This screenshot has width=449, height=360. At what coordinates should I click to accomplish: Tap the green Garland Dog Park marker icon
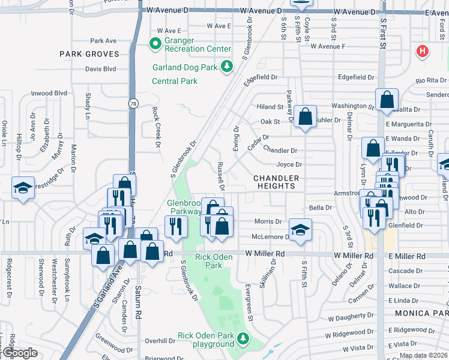coord(227,67)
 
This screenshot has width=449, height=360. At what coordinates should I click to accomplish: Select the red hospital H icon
coord(423,51)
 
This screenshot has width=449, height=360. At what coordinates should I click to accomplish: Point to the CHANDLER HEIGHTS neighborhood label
coord(276,182)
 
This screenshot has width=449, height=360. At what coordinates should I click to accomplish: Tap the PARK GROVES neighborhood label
coord(89,54)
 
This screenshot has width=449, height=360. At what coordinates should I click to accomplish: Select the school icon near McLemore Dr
coord(300,228)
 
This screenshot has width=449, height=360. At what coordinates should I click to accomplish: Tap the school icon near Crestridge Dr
coord(23,188)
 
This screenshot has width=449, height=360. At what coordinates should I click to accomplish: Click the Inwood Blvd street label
coord(49,93)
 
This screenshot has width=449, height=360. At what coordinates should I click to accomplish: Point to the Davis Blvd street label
coord(100,69)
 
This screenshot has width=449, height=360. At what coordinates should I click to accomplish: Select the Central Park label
coord(175,81)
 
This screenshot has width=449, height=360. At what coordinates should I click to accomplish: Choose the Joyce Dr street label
coord(289,164)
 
